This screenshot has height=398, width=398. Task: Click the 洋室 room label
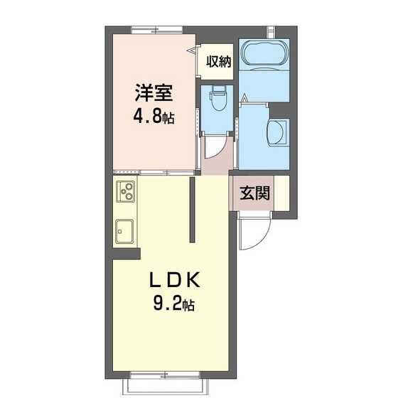click(153, 93)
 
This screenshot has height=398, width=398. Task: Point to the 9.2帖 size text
click(173, 306)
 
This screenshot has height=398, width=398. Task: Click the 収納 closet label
click(219, 62)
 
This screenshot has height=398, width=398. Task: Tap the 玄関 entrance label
click(254, 193)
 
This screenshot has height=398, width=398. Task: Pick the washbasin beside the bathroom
click(278, 132)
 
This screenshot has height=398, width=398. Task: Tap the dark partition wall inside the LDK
click(192, 210)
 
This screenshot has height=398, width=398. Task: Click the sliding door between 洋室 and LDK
click(153, 172)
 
